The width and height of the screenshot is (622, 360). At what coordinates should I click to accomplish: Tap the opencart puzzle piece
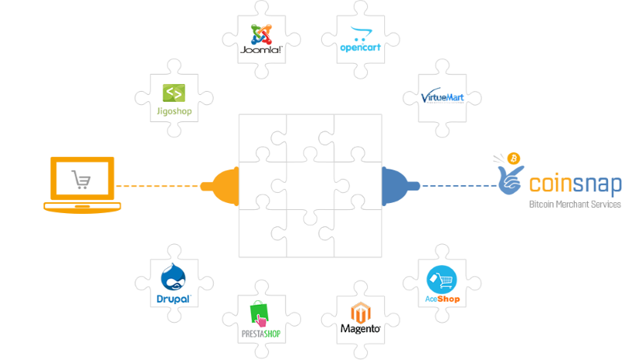click(358, 40)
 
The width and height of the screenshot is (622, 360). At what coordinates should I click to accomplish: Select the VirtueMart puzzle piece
click(442, 97)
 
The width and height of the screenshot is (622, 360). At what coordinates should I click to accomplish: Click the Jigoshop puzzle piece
click(173, 100)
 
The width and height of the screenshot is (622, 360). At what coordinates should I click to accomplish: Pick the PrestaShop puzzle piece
click(261, 319)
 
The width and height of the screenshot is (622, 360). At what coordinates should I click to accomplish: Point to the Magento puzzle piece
click(360, 319)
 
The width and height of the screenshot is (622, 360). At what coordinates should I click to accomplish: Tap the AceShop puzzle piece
click(442, 282)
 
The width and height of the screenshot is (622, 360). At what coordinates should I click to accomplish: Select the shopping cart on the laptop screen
click(82, 180)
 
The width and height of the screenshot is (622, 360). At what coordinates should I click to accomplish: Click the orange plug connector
click(220, 186)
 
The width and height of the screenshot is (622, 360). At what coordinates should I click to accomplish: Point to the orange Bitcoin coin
click(513, 159)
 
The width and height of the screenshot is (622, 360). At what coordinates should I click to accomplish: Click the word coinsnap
click(575, 185)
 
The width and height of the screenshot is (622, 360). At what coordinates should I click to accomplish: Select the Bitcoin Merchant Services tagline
click(575, 204)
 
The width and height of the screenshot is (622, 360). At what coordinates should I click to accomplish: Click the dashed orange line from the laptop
click(159, 186)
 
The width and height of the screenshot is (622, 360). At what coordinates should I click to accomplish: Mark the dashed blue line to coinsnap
click(459, 186)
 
